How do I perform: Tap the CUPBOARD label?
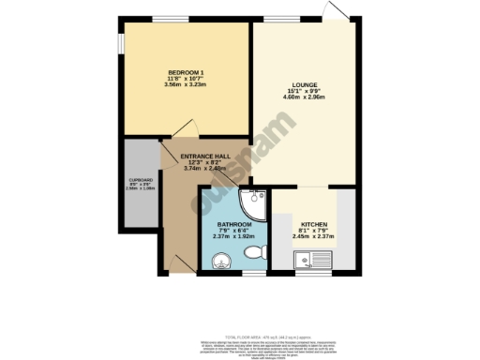(x=139, y=180)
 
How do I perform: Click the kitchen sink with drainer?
(x=310, y=264)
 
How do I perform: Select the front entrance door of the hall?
(x=184, y=262)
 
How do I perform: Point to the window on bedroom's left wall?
(x=119, y=46)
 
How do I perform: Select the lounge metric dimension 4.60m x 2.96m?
(x=305, y=99)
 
